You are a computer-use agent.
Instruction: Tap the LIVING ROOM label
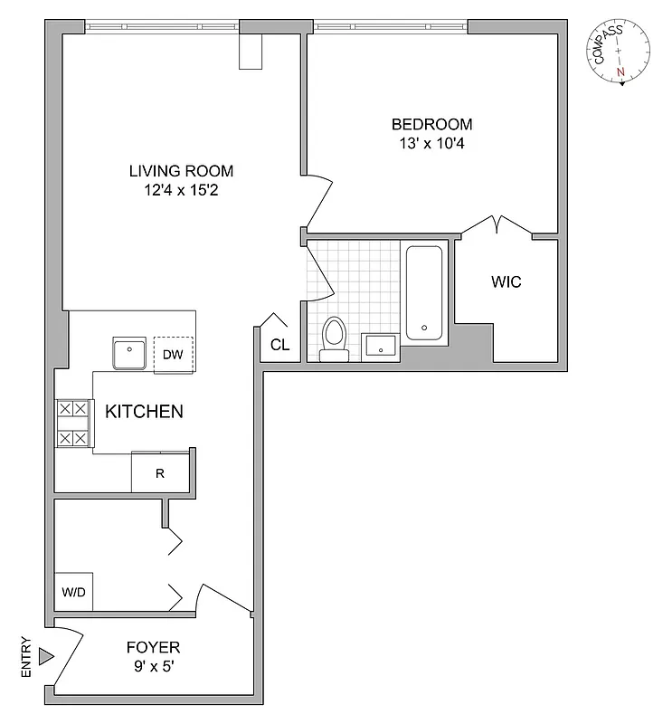coord(181,170)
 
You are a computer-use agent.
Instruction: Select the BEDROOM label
coord(431,124)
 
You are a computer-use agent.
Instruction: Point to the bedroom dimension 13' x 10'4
coord(431,143)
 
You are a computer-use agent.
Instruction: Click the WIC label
coord(506,281)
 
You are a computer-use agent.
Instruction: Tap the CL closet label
coord(280,344)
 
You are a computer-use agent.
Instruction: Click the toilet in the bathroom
coord(334,339)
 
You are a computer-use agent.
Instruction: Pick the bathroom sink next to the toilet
coord(380,347)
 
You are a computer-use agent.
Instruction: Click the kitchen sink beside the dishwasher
coord(129,353)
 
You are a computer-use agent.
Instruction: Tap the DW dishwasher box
coord(174,354)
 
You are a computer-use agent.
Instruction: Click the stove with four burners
coord(72,424)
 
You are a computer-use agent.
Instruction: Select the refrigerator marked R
coord(160,472)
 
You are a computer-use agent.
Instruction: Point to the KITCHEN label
coord(145,412)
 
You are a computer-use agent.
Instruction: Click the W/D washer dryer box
coord(74,593)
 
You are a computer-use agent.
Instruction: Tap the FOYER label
coord(153,647)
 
